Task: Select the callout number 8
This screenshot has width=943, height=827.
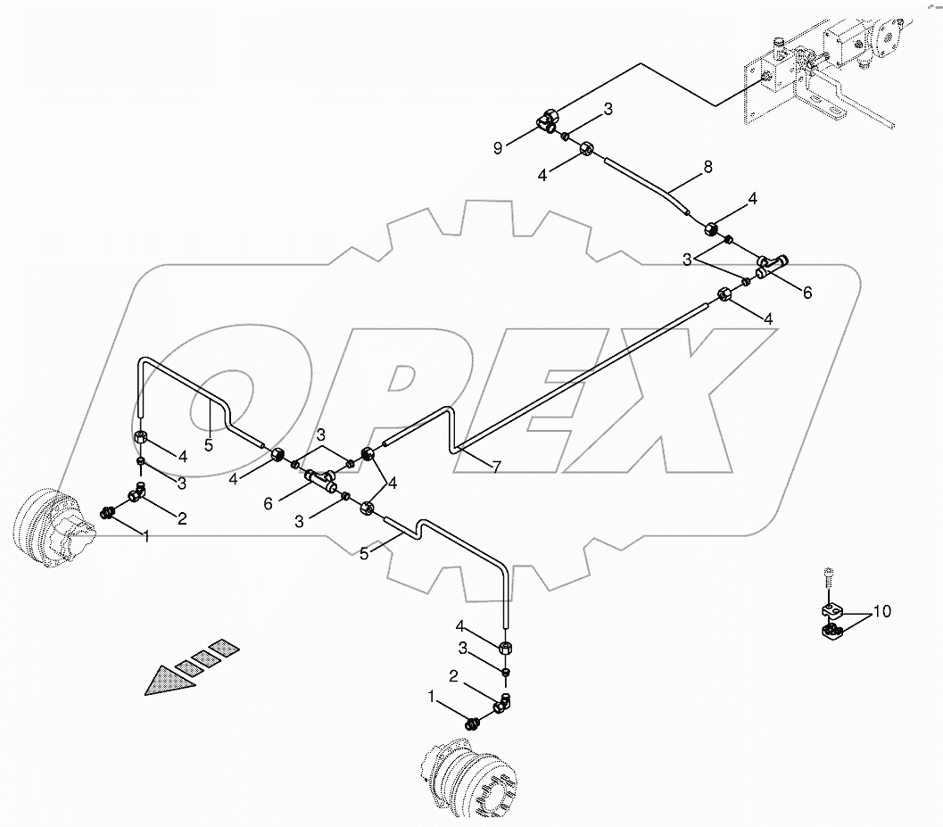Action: click(707, 166)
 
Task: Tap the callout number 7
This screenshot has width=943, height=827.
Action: click(497, 466)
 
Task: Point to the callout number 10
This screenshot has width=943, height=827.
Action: click(881, 612)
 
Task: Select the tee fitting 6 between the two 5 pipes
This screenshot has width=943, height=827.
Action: click(319, 480)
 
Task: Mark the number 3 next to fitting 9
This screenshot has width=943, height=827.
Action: click(608, 110)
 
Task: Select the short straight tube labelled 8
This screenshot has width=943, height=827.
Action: click(648, 184)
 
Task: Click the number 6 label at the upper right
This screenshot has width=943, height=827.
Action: click(807, 293)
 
